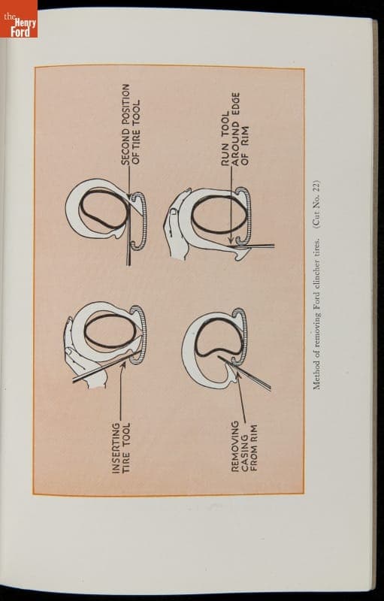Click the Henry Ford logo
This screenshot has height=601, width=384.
(x=19, y=19)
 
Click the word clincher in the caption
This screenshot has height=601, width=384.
(x=316, y=264)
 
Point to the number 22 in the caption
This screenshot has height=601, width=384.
(x=316, y=186)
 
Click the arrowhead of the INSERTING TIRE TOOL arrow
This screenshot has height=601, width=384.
(x=124, y=364)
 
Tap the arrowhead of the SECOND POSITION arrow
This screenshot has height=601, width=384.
(x=129, y=196)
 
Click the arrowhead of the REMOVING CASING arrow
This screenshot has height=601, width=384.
(x=238, y=374)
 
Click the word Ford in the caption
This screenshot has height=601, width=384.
(x=316, y=291)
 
